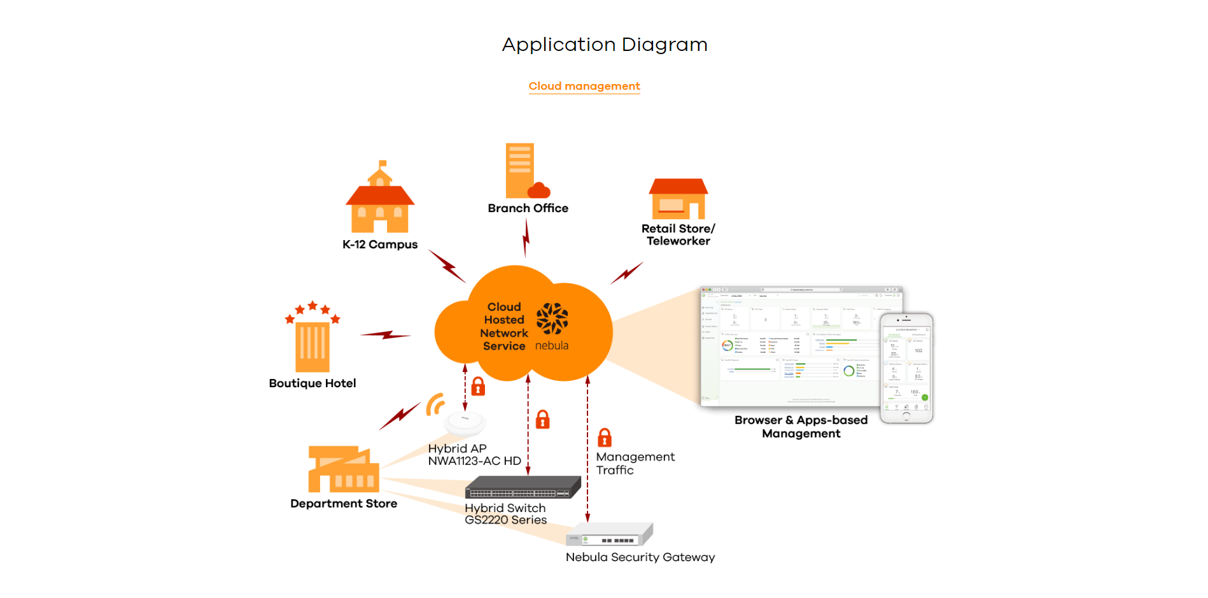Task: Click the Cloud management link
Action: pos(584,86)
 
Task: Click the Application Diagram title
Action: pos(605,45)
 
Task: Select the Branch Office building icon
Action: pos(524,171)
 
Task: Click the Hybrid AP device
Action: pos(465,422)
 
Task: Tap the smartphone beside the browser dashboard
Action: pos(906,368)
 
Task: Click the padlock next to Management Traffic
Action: pos(605,438)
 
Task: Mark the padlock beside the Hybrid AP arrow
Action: pos(478,386)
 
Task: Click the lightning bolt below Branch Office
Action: pos(526,238)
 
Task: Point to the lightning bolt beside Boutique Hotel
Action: pos(386,334)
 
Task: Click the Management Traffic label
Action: pos(635,464)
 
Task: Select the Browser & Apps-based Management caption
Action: pos(801,427)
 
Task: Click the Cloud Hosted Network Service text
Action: pos(504,326)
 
